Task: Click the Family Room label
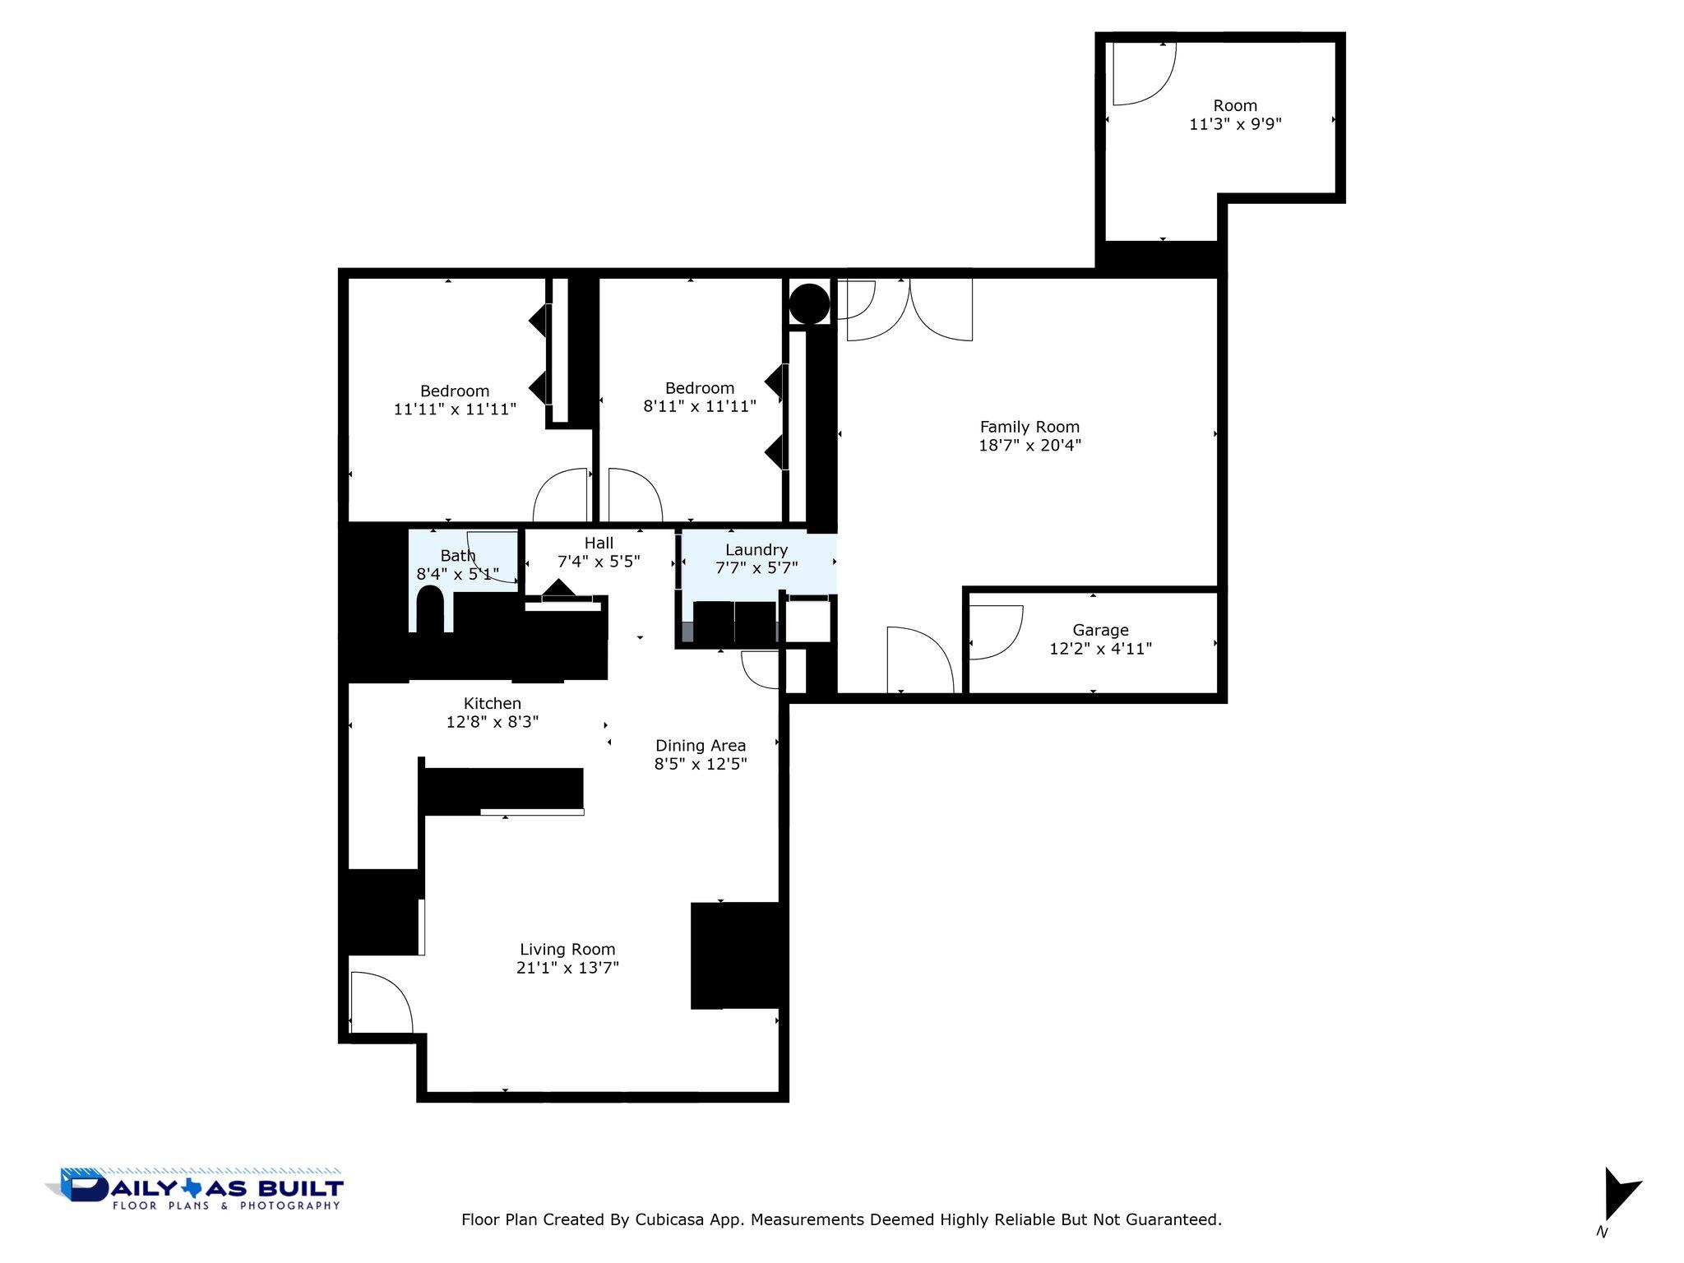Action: point(1029,427)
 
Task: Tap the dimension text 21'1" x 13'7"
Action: point(567,968)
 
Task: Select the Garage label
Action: point(1100,630)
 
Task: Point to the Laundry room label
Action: point(756,549)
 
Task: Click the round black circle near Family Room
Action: point(809,303)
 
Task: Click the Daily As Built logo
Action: point(196,1189)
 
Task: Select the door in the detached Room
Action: point(1143,74)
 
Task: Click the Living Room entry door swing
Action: point(380,1002)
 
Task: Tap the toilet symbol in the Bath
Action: point(430,609)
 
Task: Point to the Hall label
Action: point(599,543)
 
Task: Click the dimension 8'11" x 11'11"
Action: point(699,406)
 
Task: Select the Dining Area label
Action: point(701,745)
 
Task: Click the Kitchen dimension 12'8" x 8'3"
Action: point(492,722)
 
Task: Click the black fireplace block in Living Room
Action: point(734,955)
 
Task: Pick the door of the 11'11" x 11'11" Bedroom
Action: point(561,495)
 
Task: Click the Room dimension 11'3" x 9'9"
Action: point(1235,124)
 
